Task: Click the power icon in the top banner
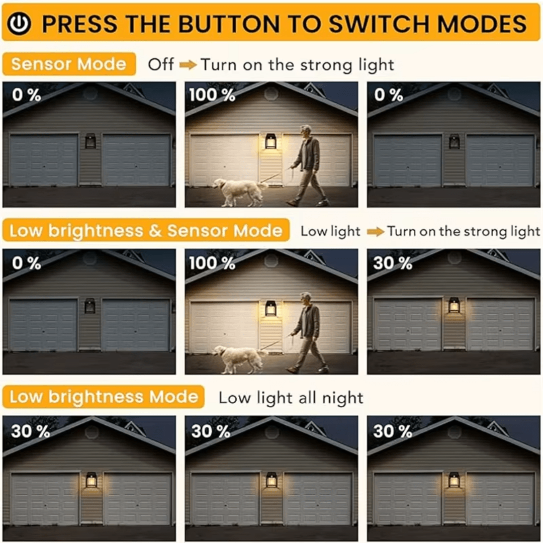click(19, 24)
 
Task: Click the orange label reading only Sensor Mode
click(68, 64)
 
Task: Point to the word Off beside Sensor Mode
click(161, 64)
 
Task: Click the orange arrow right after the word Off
click(188, 65)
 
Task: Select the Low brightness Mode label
click(103, 397)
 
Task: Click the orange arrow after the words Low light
click(376, 232)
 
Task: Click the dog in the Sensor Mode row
click(239, 192)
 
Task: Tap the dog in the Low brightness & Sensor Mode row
click(239, 359)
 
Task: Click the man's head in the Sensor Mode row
click(306, 131)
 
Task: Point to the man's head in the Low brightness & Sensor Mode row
click(306, 299)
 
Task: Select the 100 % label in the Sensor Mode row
click(212, 95)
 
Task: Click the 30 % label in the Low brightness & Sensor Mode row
click(393, 263)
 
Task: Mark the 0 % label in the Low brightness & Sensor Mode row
click(26, 263)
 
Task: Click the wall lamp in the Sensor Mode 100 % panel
click(270, 141)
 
